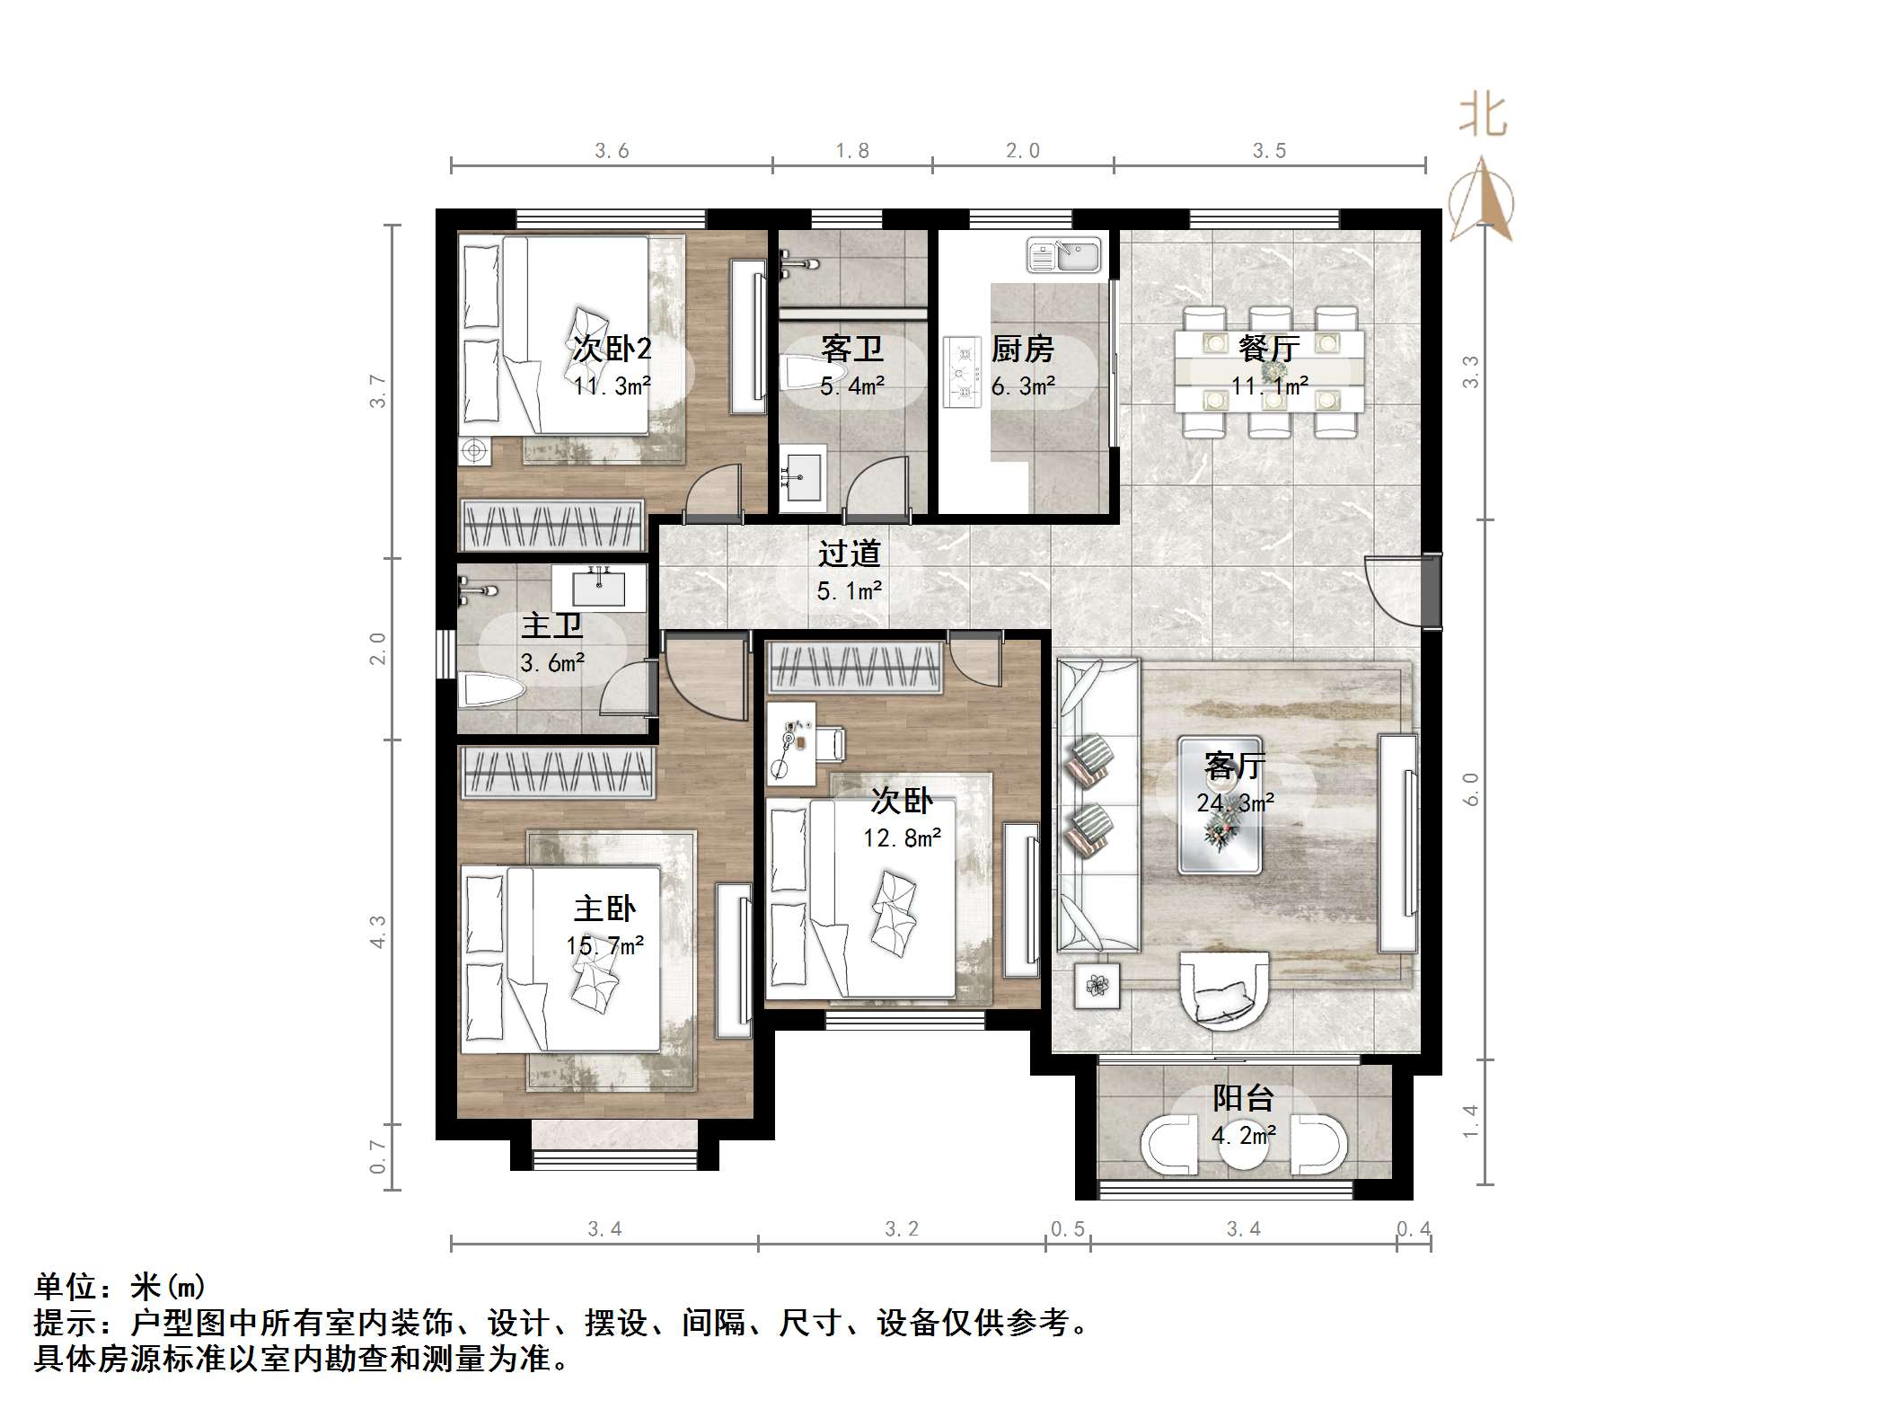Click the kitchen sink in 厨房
coord(1063,254)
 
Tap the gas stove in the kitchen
coord(962,372)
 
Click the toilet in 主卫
coord(489,690)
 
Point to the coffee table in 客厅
coord(1220,805)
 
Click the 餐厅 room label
coord(1268,348)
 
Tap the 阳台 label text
coord(1243,1098)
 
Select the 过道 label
coord(849,554)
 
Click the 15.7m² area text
coord(604,945)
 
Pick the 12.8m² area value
coord(902,837)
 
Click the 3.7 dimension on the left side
coord(378,392)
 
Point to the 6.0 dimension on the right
coord(1470,789)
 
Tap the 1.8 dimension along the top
coord(851,151)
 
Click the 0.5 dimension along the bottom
coord(1068,1228)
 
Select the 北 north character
coord(1482,117)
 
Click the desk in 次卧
coord(791,742)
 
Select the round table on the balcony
coord(1243,1147)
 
